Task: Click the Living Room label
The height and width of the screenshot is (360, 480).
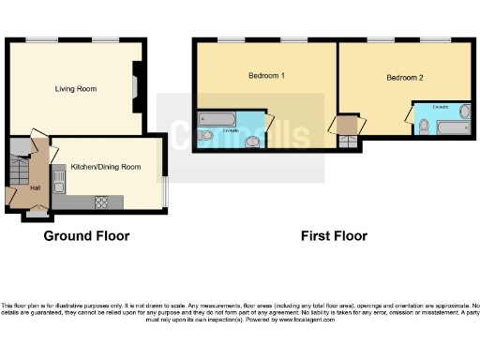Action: [x=75, y=89]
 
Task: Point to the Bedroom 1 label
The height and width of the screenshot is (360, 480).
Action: [x=266, y=75]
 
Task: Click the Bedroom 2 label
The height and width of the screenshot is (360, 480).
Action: [x=405, y=79]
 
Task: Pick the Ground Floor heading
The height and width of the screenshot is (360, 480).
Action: [x=86, y=236]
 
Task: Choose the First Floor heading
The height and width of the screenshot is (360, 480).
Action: [x=334, y=236]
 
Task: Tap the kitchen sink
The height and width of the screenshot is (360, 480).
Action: [x=61, y=178]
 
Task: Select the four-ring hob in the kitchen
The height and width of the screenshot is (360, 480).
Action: [x=101, y=202]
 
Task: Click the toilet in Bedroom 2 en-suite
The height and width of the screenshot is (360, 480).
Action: [x=424, y=127]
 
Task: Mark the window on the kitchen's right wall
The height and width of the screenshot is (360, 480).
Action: [x=165, y=192]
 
